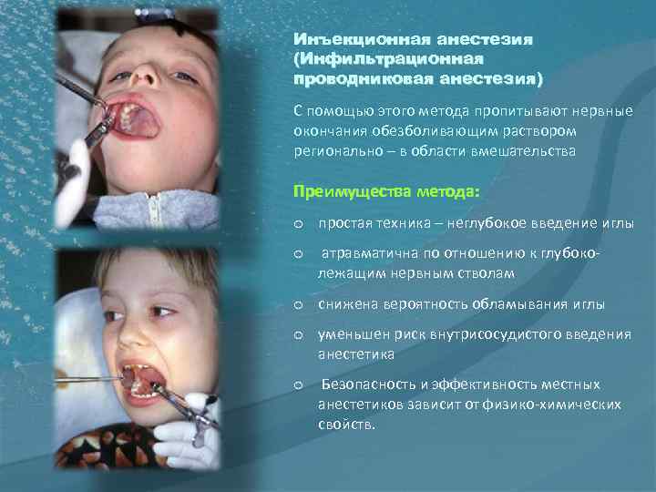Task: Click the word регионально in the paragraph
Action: click(x=333, y=151)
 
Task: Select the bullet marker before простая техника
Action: click(x=297, y=224)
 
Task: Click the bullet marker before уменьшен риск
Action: click(x=297, y=334)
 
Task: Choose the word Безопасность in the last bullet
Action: click(x=364, y=384)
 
